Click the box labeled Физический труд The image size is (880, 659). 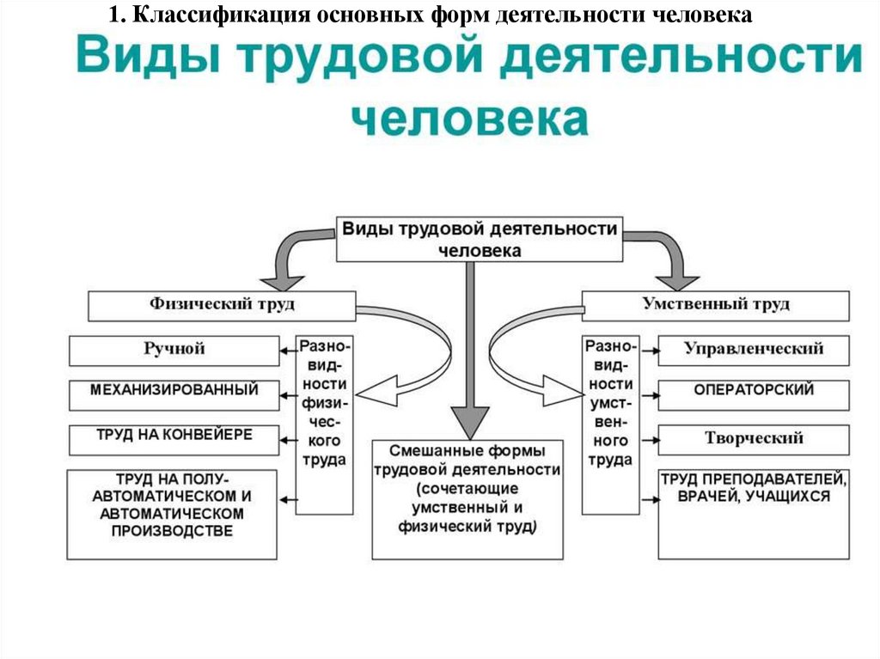coord(222,306)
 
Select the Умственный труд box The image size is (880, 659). coord(716,306)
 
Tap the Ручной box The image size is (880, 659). coord(174,351)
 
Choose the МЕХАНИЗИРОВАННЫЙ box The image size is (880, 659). coord(174,395)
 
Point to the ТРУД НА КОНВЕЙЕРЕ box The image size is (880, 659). coord(174,440)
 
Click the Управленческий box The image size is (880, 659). coord(754,351)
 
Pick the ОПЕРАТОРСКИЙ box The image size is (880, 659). coord(754,395)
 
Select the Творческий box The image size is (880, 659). coord(754,440)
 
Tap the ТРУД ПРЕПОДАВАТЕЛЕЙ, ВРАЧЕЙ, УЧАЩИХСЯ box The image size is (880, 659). coord(754,515)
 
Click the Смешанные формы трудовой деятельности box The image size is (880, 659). coord(467,499)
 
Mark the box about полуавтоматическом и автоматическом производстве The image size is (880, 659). coord(172,515)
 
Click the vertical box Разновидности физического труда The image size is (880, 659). coord(324,425)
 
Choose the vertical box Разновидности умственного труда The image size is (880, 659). coord(611,425)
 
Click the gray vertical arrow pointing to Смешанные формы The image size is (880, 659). coord(470,351)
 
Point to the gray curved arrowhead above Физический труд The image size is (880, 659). coord(282,283)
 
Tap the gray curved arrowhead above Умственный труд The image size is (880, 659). coord(677,283)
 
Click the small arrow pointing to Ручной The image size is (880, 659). coord(288,351)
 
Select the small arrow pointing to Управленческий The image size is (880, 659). coord(650,351)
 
